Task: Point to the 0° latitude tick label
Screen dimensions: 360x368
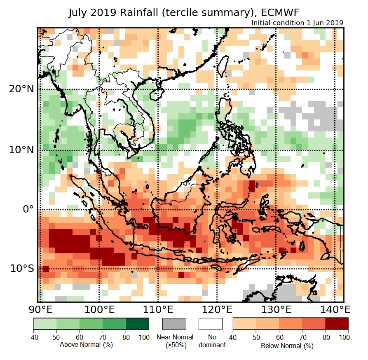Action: [x=28, y=209]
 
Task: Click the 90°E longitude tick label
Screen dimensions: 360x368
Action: [x=40, y=309]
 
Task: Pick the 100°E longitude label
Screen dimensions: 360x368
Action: [x=99, y=309]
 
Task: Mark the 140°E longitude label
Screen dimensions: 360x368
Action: [x=335, y=309]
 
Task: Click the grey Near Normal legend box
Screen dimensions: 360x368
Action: [x=175, y=324]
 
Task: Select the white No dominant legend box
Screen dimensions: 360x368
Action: [x=211, y=324]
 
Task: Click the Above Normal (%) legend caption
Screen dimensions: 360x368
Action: [x=87, y=344]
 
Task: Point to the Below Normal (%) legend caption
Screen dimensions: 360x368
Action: [x=287, y=346]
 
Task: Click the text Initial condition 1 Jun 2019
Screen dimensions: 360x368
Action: [x=297, y=23]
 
